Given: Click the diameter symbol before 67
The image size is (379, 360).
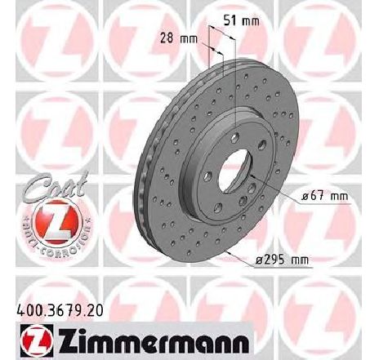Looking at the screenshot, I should (x=304, y=196).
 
